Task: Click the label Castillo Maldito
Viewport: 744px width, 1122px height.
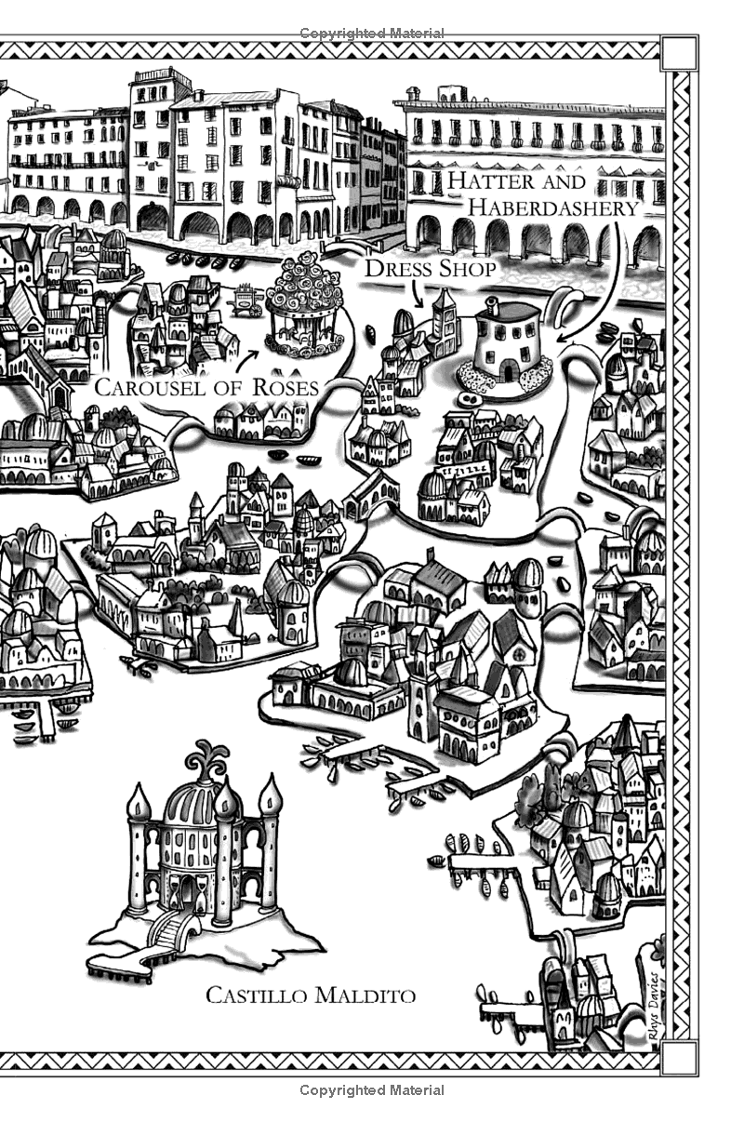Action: coord(310,995)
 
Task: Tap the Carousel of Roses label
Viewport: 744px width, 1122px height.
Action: coord(206,387)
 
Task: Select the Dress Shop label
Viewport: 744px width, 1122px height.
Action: coord(429,269)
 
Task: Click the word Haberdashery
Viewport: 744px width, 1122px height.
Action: coord(553,207)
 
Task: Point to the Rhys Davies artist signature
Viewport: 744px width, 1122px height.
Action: coord(653,1000)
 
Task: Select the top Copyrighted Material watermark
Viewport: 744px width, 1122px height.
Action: coord(371,33)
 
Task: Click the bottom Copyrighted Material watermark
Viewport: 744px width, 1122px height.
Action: coord(371,1089)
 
